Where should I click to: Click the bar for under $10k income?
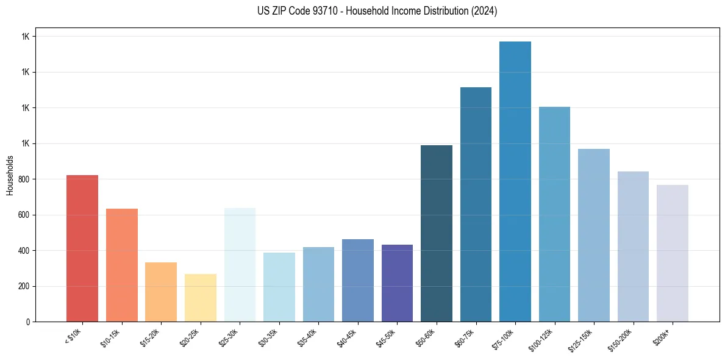pos(82,248)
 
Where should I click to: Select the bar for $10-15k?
pos(122,265)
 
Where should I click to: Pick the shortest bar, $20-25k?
pos(201,298)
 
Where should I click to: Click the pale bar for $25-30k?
pos(240,265)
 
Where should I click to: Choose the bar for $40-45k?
pos(358,280)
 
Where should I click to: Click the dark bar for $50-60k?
pos(437,233)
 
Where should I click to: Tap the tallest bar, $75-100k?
pos(515,181)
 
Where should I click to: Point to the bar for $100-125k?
pos(554,214)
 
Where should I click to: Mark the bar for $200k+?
pos(673,253)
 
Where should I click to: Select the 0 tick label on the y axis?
pos(27,322)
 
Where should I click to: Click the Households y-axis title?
pos(10,175)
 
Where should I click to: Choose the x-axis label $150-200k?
pos(622,339)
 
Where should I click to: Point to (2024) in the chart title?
pos(485,11)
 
